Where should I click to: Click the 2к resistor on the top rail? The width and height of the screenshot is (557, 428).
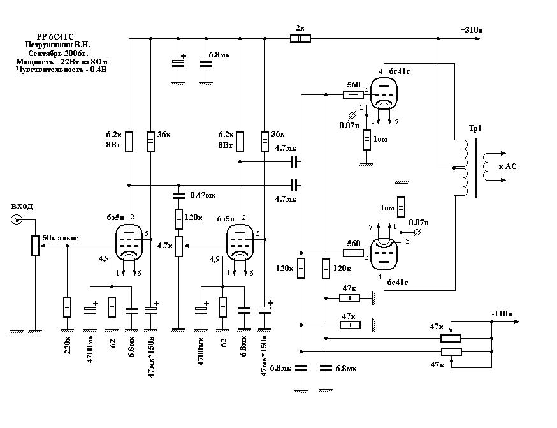(300, 39)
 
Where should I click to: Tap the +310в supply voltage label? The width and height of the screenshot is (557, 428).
(472, 30)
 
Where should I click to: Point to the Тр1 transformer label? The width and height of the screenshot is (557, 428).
(475, 129)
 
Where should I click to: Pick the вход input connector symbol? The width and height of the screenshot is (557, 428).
(16, 220)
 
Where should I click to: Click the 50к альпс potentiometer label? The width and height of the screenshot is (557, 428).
(61, 238)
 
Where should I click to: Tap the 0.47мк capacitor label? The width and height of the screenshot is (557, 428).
(203, 194)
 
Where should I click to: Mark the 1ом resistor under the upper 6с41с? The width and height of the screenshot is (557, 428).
(366, 140)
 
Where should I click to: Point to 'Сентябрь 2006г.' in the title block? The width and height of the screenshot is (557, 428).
(57, 54)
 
